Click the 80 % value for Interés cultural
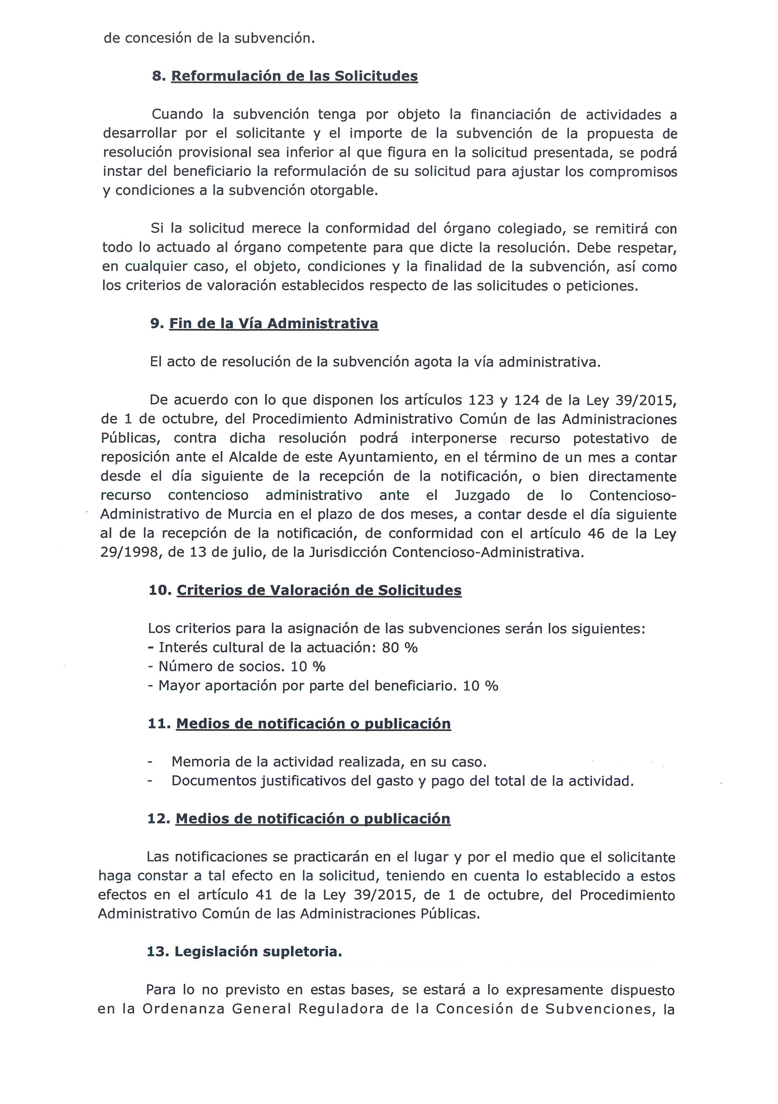click(399, 648)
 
